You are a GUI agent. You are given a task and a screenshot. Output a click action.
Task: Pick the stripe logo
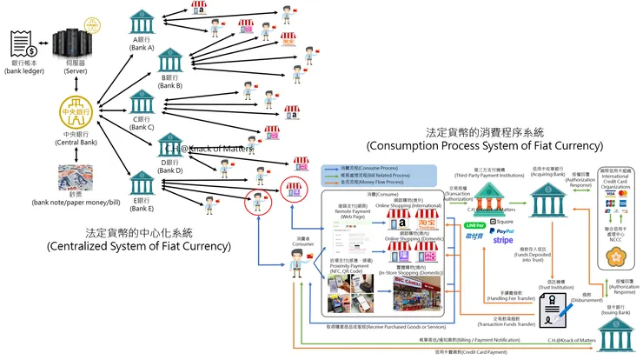pos(503,241)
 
